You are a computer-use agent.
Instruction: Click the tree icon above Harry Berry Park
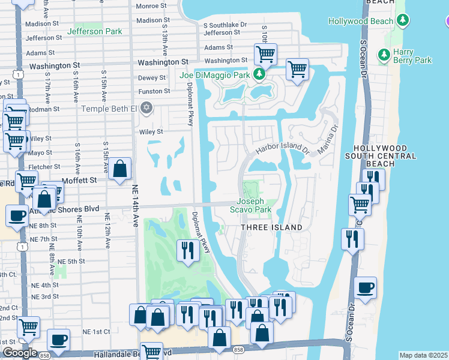tap(384, 55)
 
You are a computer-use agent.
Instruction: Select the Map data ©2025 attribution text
tap(423, 355)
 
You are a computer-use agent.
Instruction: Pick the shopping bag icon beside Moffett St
tap(120, 170)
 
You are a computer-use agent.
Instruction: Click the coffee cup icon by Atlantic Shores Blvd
tap(17, 215)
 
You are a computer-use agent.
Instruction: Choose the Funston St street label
tap(154, 91)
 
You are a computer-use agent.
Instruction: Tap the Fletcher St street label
tap(41, 167)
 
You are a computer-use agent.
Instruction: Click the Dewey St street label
tap(152, 78)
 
